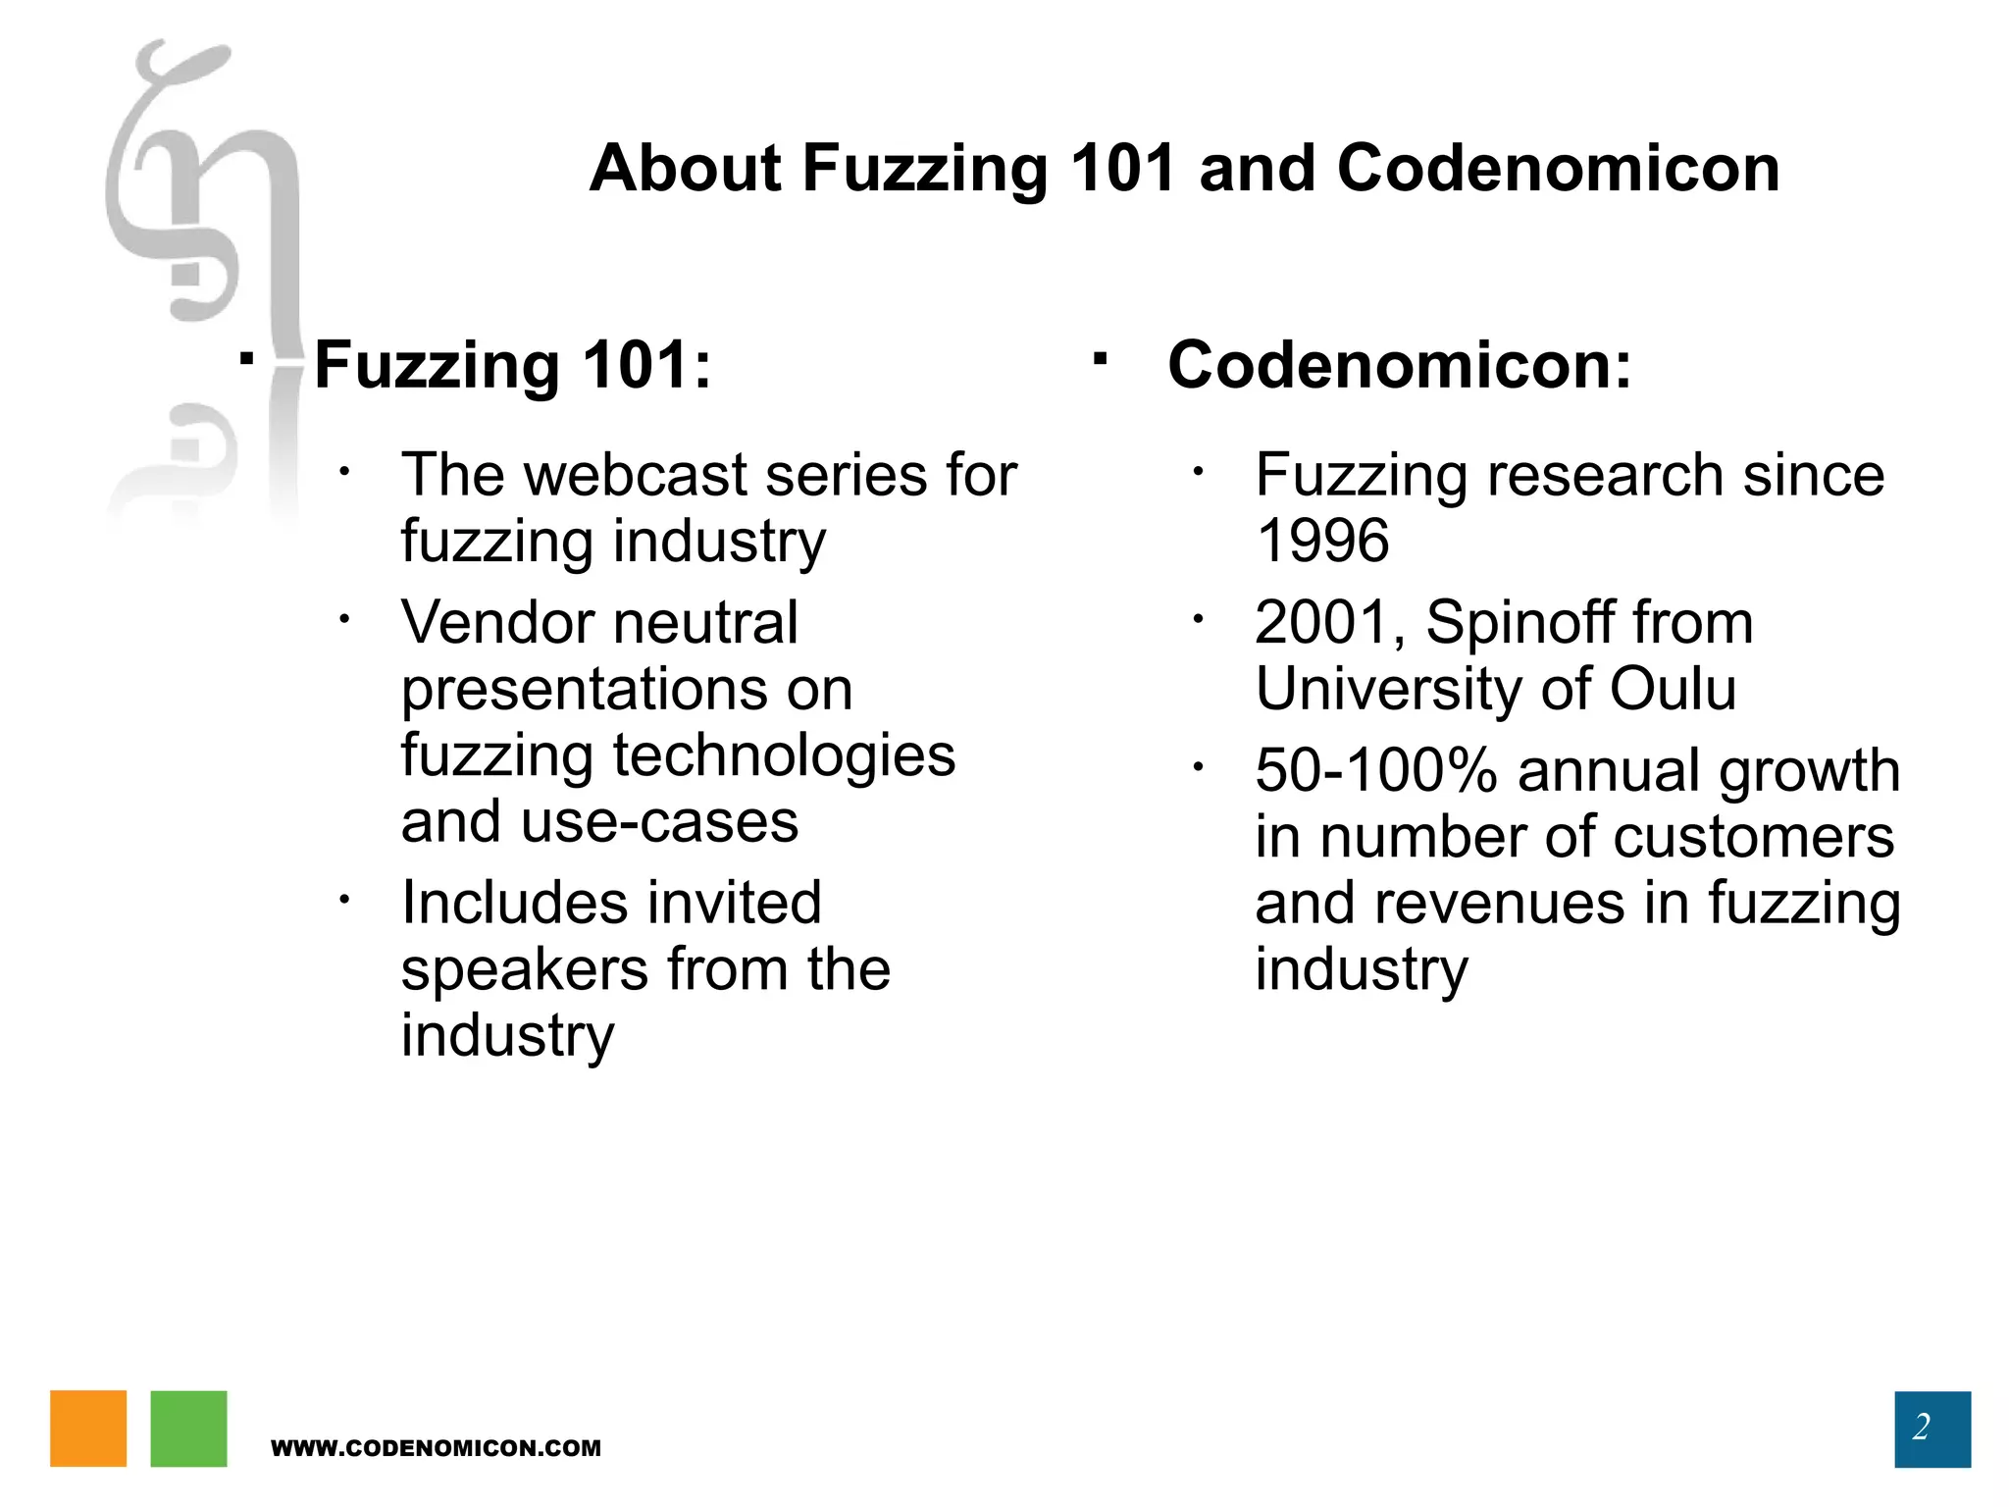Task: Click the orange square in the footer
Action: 88,1428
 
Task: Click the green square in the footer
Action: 188,1428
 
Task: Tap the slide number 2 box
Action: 1932,1429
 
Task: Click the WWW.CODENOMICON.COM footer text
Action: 436,1448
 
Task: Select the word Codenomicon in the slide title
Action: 1558,168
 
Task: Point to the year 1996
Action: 1322,541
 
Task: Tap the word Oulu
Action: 1673,689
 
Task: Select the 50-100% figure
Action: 1376,770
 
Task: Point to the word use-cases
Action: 659,822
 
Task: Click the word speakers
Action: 525,970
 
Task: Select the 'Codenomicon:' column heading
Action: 1400,365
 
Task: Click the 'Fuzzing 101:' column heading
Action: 512,365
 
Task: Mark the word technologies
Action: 784,755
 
